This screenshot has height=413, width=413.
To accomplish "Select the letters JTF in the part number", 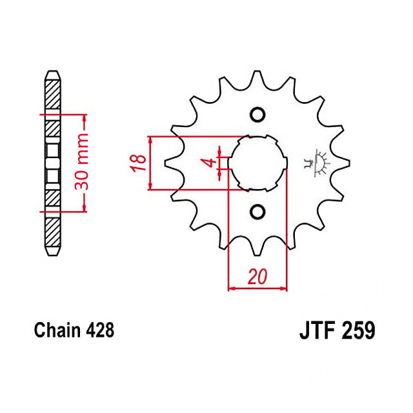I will click(x=316, y=332).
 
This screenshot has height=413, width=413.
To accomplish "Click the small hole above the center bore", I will click(x=257, y=115).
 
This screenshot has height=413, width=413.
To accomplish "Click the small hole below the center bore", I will click(x=257, y=211).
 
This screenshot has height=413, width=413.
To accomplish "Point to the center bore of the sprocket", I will click(x=257, y=163).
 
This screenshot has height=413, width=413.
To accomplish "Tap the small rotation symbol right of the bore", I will click(x=317, y=163).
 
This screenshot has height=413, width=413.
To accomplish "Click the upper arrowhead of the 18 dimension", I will click(x=150, y=141).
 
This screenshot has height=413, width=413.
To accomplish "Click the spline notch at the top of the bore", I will click(x=257, y=137).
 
